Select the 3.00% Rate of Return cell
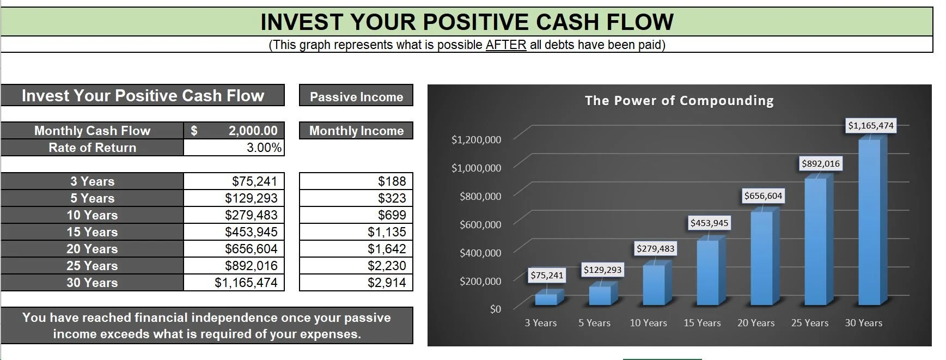pyautogui.click(x=264, y=148)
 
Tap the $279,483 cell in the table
pyautogui.click(x=251, y=215)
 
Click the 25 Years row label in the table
pyautogui.click(x=92, y=266)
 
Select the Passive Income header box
pyautogui.click(x=356, y=97)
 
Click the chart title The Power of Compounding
pyautogui.click(x=679, y=101)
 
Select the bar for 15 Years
pyautogui.click(x=707, y=272)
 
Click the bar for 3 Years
pyautogui.click(x=546, y=298)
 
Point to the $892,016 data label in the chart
pyautogui.click(x=820, y=163)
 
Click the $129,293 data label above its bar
pyautogui.click(x=602, y=270)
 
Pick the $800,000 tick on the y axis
pyautogui.click(x=480, y=196)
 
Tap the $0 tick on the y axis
pyautogui.click(x=495, y=309)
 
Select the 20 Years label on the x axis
pyautogui.click(x=755, y=323)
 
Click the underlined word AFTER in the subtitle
pyautogui.click(x=505, y=45)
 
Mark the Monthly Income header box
pyautogui.click(x=356, y=131)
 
